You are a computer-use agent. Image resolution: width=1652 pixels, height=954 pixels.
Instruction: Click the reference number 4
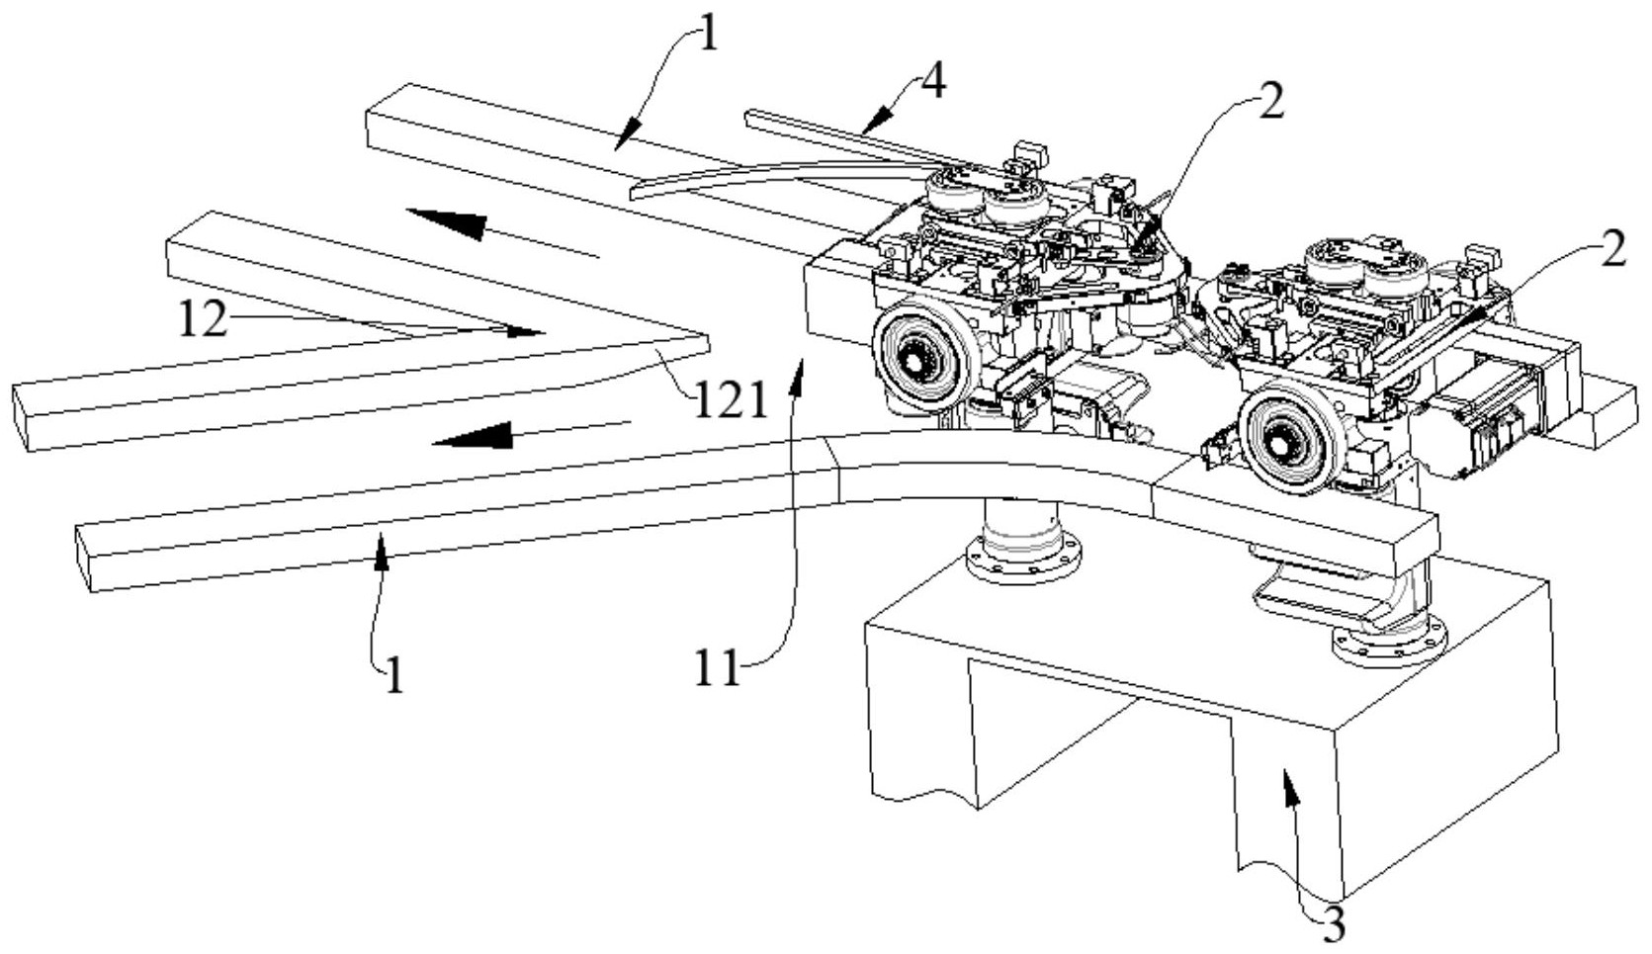point(932,84)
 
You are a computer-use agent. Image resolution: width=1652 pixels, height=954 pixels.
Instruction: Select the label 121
point(729,401)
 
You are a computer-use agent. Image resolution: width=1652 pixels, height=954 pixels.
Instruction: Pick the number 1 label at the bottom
point(395,675)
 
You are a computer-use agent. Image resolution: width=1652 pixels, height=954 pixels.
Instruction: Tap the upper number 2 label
point(1270,103)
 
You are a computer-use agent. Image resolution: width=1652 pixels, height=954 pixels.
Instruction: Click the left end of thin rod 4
point(749,116)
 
